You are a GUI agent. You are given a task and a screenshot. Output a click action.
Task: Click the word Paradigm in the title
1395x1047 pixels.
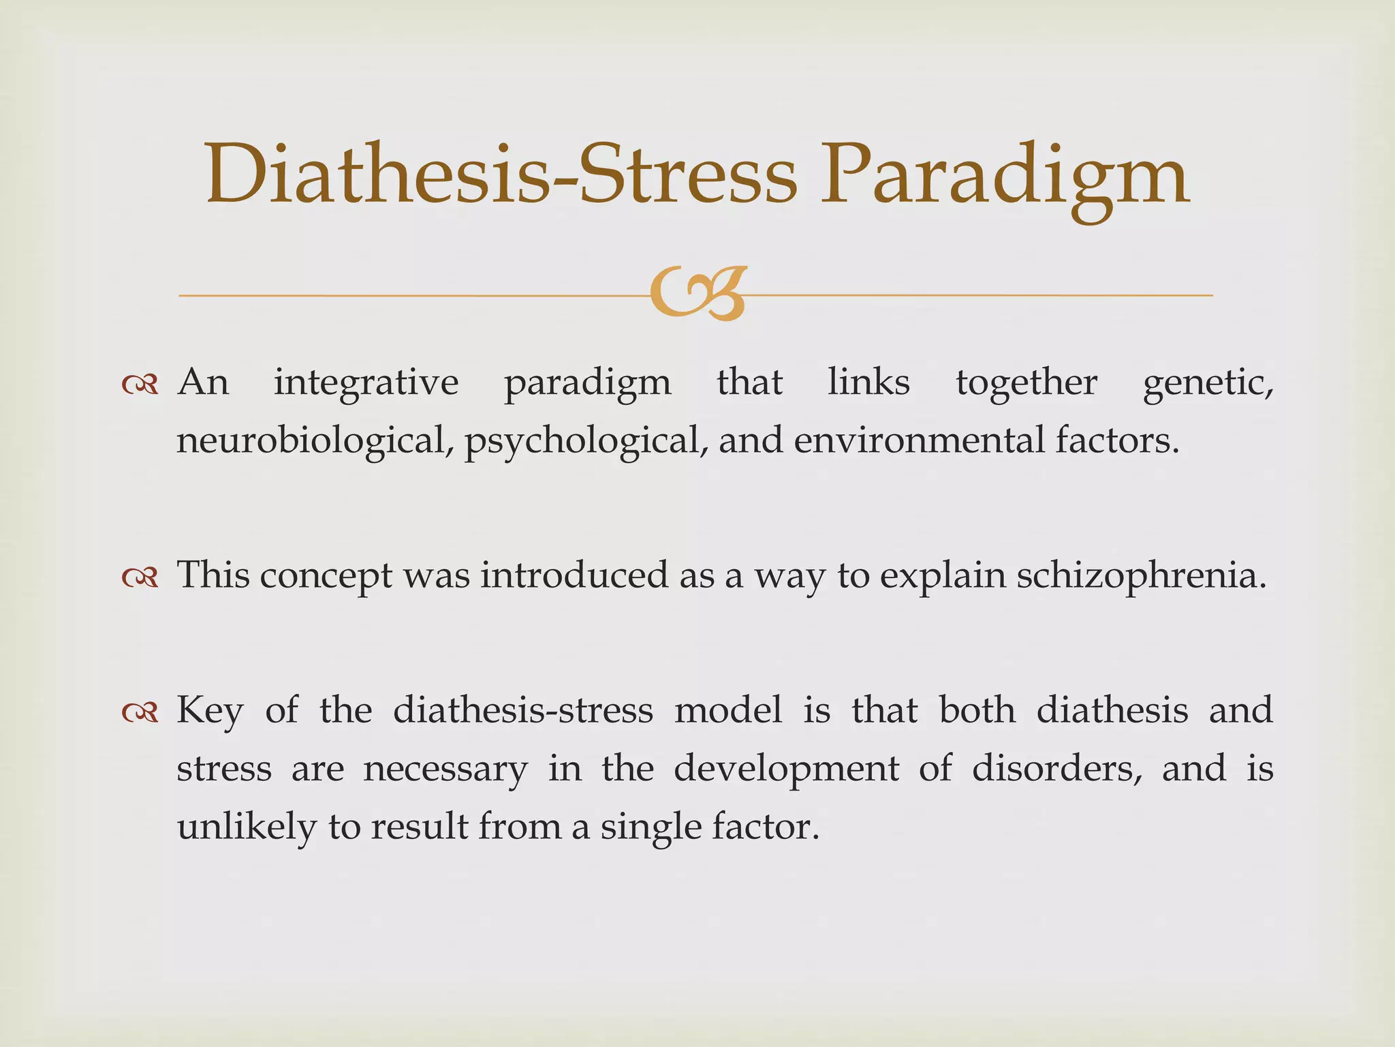[1005, 176]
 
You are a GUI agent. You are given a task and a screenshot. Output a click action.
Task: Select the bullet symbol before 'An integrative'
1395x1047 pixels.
[140, 386]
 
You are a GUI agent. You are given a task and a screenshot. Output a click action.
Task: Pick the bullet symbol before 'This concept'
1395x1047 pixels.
[140, 578]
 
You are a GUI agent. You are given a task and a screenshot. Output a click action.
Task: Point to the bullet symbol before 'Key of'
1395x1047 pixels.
[140, 713]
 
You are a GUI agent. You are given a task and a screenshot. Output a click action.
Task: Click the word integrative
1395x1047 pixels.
[366, 383]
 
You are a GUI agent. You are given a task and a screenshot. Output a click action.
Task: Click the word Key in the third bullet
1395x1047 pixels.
[210, 712]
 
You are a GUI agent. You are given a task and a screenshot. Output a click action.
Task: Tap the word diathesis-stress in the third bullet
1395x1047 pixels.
[523, 710]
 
